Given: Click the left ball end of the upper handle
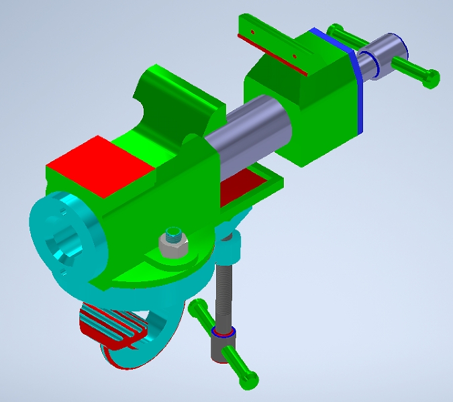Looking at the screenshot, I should pyautogui.click(x=334, y=30).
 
